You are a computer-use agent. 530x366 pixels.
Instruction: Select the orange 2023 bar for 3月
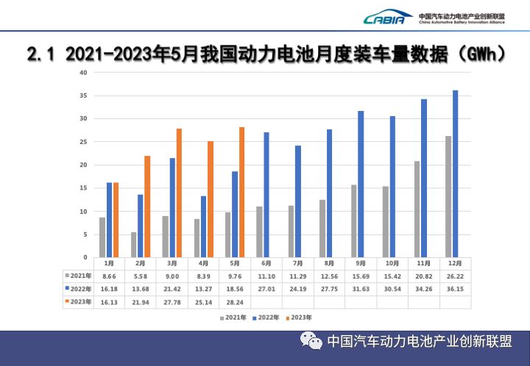pos(179,193)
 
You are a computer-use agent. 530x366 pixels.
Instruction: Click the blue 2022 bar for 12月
pos(455,173)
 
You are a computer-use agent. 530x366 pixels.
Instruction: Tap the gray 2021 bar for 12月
pos(448,196)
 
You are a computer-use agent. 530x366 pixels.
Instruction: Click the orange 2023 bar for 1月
pos(116,220)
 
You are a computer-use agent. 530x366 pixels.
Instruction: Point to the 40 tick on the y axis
pos(84,73)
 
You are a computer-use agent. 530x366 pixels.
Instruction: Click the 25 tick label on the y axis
pos(84,142)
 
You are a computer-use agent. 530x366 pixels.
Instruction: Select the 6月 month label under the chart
pos(266,263)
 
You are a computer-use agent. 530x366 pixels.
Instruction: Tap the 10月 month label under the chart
pos(392,263)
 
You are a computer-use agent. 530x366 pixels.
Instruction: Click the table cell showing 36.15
pos(456,289)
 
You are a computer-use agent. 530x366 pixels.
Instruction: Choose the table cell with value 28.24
pos(235,301)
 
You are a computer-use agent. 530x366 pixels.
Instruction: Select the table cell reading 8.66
pos(108,276)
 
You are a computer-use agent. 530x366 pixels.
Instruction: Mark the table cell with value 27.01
pos(266,289)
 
